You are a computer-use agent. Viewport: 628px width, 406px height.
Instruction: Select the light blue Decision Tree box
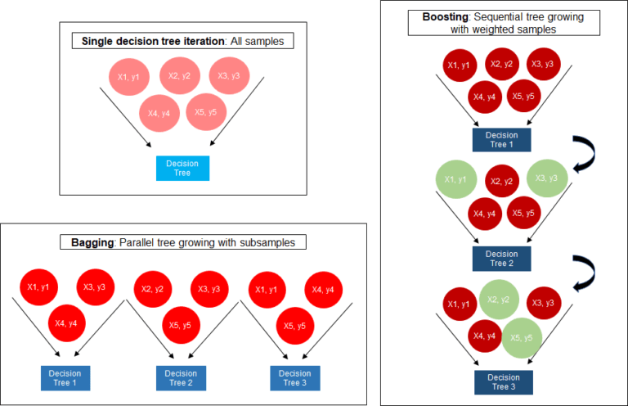tap(182, 168)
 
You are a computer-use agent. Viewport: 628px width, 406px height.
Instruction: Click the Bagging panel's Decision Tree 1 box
tap(65, 377)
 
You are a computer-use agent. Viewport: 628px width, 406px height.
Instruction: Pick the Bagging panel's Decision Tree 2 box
tap(181, 377)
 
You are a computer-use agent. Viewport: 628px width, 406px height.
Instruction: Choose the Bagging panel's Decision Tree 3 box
tap(294, 377)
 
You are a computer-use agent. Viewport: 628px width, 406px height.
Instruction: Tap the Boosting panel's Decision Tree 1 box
tap(501, 140)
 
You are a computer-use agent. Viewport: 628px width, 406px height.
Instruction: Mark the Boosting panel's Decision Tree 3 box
tap(503, 382)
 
